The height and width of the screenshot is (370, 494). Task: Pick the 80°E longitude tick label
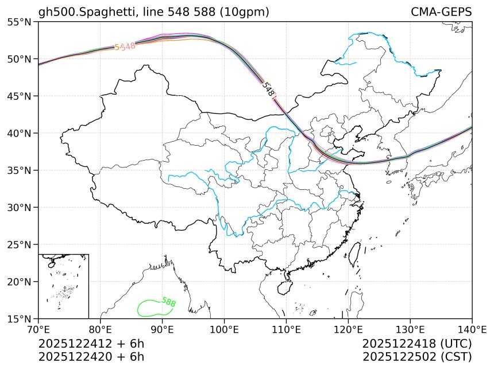(101, 329)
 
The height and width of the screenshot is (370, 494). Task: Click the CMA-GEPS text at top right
(441, 12)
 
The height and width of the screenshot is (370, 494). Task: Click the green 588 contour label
(169, 302)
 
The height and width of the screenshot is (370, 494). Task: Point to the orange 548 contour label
(125, 47)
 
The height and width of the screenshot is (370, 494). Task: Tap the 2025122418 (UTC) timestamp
(417, 344)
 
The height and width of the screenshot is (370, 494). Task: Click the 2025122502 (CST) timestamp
(417, 356)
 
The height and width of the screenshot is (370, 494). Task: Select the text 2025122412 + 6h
(91, 344)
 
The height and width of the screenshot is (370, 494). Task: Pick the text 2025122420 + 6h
(91, 356)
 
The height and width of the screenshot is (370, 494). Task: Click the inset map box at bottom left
(63, 286)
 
